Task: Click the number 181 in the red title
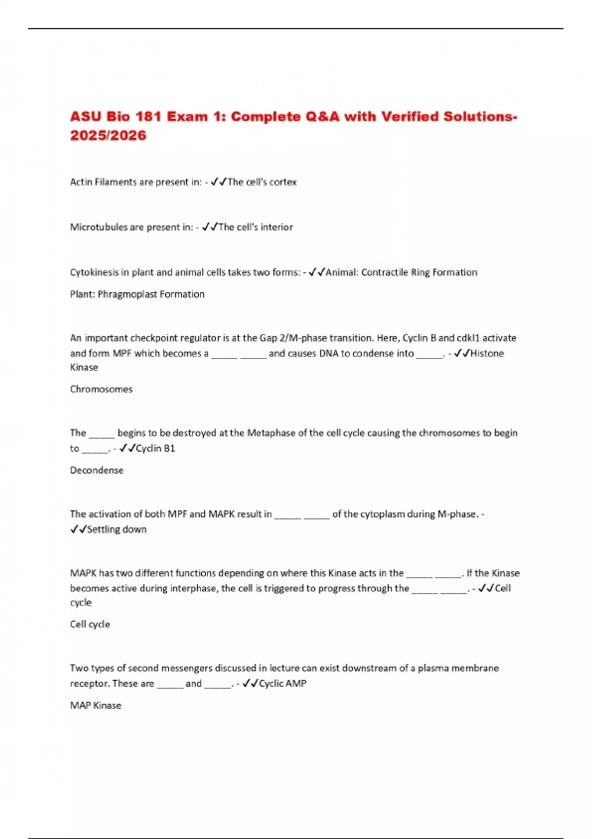tap(148, 117)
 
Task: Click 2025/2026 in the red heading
tap(108, 136)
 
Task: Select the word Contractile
tap(384, 272)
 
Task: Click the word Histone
tap(487, 353)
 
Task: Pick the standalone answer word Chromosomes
tap(101, 389)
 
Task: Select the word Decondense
tap(97, 470)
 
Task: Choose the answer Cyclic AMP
tap(283, 684)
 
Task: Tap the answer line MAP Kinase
tap(96, 706)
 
